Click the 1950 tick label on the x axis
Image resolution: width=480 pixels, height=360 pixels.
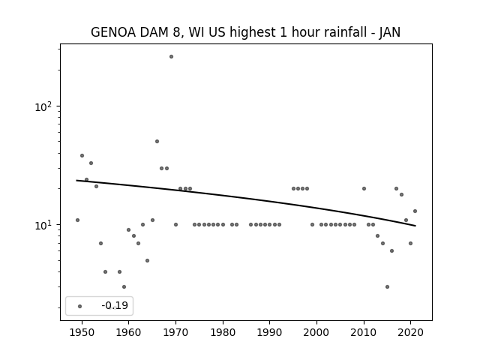(82, 332)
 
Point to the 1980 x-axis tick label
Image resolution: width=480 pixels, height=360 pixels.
(223, 332)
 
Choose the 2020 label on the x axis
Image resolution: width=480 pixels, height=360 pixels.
(410, 332)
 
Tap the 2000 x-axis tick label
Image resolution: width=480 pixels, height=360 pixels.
(316, 332)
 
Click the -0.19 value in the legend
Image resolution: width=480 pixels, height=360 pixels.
(115, 305)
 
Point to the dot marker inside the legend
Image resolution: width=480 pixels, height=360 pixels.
(80, 306)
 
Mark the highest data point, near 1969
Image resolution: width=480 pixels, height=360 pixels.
(172, 57)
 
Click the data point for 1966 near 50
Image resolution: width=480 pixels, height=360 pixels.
(157, 142)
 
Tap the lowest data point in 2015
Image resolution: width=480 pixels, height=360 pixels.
(387, 286)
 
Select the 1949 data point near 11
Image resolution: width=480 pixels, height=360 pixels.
(77, 220)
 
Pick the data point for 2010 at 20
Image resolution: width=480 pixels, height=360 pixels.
(364, 188)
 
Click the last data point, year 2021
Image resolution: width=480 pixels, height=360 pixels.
(415, 211)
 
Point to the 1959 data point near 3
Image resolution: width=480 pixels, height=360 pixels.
(124, 286)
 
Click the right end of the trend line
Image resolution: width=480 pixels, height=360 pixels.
(415, 226)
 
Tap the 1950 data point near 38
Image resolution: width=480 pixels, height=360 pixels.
(82, 155)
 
